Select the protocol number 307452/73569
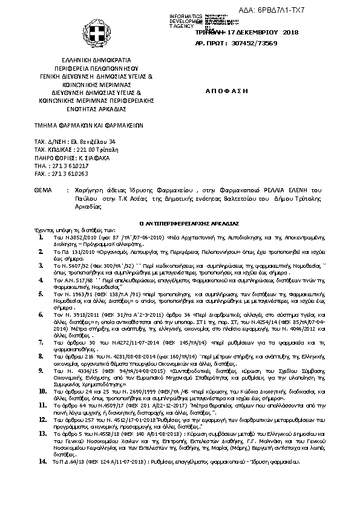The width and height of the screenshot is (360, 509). pos(247,44)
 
